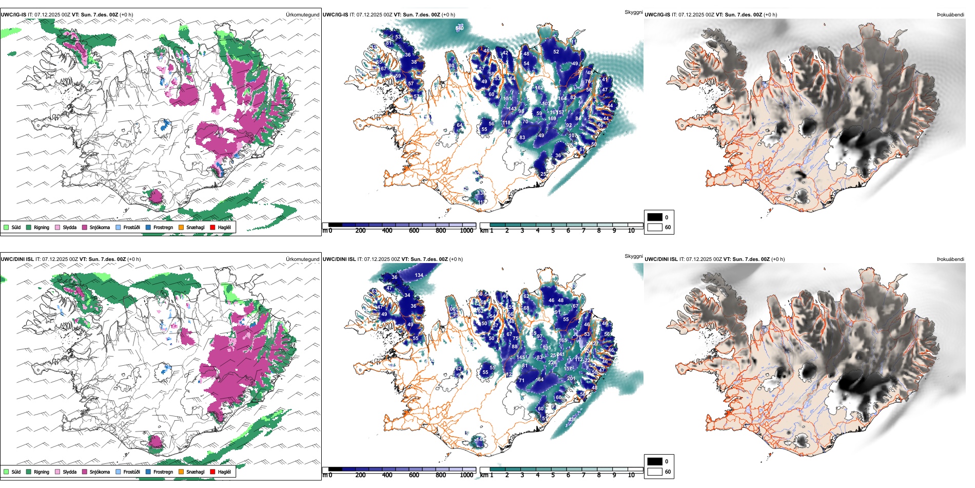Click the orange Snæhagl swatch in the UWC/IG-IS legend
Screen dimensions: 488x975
(x=181, y=228)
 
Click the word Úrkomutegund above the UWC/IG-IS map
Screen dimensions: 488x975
(x=302, y=15)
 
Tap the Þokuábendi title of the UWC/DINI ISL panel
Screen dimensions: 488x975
(x=950, y=259)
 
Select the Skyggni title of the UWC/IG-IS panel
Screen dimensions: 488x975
(x=633, y=12)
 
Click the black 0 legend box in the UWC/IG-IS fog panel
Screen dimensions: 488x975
(x=655, y=217)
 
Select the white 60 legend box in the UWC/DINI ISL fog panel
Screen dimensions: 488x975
(x=655, y=472)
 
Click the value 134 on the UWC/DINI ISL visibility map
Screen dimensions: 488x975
(x=419, y=275)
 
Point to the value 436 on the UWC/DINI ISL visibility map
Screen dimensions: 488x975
(x=572, y=420)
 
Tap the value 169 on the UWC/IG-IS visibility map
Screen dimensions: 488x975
(x=552, y=119)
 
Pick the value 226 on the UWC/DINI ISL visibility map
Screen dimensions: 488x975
(x=552, y=363)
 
